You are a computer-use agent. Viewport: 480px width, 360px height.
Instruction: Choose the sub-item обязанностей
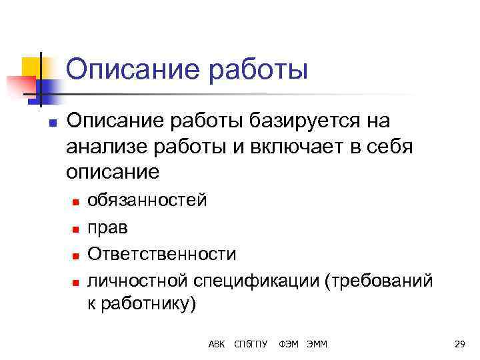[x=147, y=199]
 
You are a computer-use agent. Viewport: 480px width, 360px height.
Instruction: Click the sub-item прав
[x=107, y=227]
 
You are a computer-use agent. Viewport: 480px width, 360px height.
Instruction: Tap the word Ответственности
[x=161, y=254]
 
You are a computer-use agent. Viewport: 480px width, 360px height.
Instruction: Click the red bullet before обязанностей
[x=76, y=201]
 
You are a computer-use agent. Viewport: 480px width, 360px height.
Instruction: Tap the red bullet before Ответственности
[x=76, y=255]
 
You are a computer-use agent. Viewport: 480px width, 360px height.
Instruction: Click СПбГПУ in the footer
[x=251, y=344]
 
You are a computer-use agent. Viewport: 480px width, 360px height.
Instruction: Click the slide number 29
[x=459, y=344]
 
